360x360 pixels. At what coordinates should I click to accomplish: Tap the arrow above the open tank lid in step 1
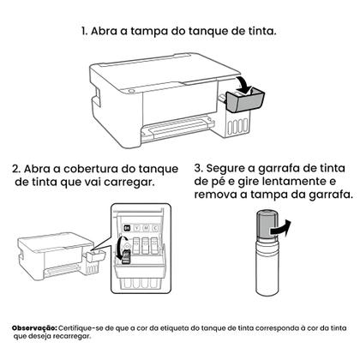(x=246, y=84)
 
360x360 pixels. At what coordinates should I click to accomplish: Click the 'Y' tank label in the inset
(x=139, y=228)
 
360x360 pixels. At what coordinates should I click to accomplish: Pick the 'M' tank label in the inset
(x=149, y=228)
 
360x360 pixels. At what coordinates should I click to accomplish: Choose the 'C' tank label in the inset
(x=159, y=228)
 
